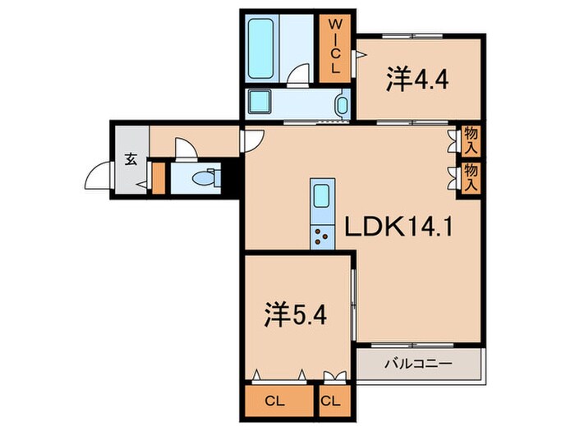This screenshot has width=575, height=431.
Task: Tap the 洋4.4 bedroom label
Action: click(418, 80)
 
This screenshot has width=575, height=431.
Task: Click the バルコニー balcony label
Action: click(418, 362)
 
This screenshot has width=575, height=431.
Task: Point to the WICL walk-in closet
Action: click(337, 47)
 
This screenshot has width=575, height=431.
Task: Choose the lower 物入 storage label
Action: click(471, 177)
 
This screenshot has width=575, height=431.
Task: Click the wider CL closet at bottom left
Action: click(280, 401)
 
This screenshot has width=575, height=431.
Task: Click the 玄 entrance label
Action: click(131, 159)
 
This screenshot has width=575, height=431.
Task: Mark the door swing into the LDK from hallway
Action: click(251, 140)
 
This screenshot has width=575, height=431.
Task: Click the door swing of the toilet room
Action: click(186, 149)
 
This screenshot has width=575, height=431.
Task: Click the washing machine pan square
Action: click(262, 104)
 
